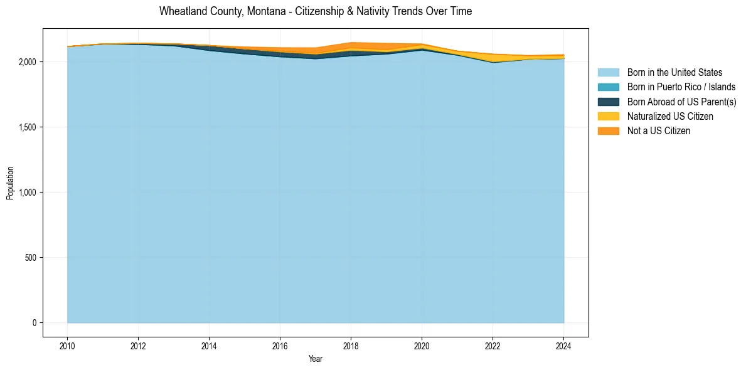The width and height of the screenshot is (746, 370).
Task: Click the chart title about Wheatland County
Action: tap(316, 11)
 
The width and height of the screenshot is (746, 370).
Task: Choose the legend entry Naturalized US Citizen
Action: tap(670, 117)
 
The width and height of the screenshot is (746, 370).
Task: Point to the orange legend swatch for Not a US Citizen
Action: tap(608, 131)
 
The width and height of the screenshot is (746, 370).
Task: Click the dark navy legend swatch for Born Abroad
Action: tap(608, 102)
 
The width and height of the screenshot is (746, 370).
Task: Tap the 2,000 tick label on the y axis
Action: tap(28, 62)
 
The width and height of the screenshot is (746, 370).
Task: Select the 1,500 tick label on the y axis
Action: tap(28, 127)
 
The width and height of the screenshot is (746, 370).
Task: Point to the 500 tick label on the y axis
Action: tap(31, 258)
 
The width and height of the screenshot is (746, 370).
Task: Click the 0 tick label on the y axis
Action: tap(34, 323)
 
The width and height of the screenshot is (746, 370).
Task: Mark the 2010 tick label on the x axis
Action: tap(67, 344)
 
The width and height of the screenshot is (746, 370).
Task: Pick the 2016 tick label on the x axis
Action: tap(280, 344)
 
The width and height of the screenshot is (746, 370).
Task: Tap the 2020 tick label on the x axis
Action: tap(422, 344)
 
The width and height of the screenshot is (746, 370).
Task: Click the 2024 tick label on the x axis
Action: tap(563, 344)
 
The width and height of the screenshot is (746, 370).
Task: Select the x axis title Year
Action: tap(316, 359)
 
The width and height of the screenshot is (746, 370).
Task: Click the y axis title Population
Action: tap(10, 183)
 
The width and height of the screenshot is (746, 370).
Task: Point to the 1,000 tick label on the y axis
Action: tap(28, 193)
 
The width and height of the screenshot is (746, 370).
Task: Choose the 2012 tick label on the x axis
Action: tap(138, 344)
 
